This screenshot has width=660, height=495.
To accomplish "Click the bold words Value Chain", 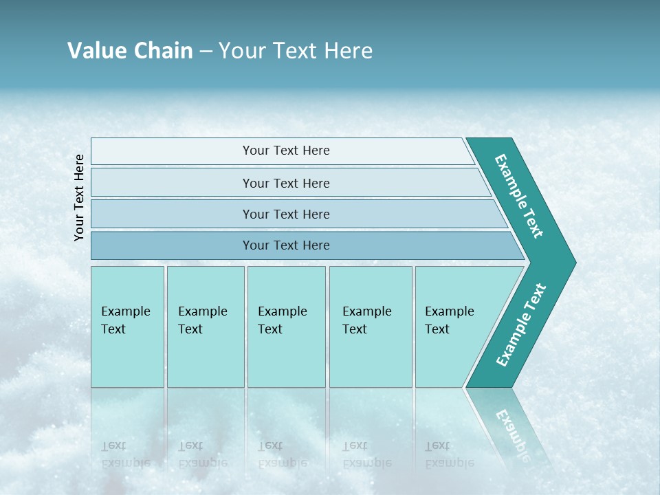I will [x=130, y=51].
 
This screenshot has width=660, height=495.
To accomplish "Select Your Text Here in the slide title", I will [x=296, y=51].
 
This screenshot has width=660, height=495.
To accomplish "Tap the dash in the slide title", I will [x=206, y=52].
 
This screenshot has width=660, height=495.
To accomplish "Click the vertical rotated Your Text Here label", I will [x=79, y=197].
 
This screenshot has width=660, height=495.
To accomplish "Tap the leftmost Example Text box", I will [x=127, y=327].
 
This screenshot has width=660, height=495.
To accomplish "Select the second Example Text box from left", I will [x=206, y=327].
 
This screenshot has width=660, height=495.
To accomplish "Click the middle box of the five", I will [x=286, y=327].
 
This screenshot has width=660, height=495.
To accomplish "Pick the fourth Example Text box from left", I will [x=371, y=327].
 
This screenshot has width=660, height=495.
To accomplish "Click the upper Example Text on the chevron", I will [x=519, y=196].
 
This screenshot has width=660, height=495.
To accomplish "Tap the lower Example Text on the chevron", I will [x=521, y=325].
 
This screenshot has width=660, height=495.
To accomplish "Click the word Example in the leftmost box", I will [x=125, y=311].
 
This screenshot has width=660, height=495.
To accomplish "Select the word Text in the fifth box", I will [x=437, y=329].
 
